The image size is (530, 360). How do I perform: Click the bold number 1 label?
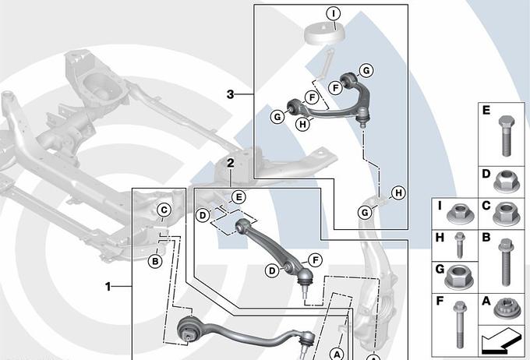click(x=108, y=286)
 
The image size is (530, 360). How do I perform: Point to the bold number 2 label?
click(x=230, y=163)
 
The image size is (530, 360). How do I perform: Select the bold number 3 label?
click(x=230, y=94)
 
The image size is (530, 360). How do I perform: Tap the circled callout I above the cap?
click(x=333, y=13)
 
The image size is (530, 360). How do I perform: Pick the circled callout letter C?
click(x=164, y=210)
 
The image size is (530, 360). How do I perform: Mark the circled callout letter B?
click(x=155, y=261)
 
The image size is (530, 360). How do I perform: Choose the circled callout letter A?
click(x=337, y=353)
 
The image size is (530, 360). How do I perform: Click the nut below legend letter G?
click(x=456, y=279)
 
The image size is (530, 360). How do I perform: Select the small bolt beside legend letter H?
click(x=459, y=245)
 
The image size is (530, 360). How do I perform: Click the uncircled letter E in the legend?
click(x=485, y=112)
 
